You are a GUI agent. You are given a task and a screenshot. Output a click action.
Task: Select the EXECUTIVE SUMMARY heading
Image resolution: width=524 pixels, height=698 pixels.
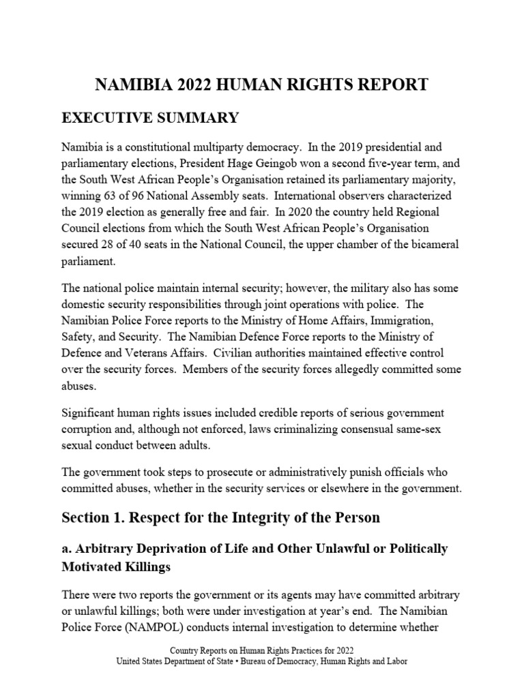150,118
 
